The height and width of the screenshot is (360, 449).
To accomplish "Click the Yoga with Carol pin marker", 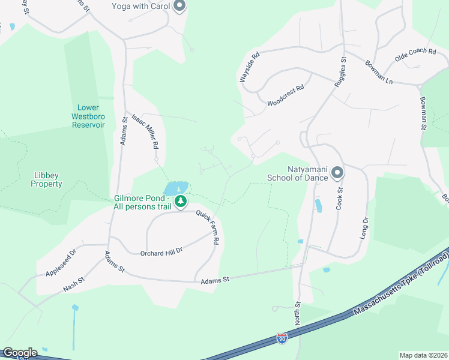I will point(179,7).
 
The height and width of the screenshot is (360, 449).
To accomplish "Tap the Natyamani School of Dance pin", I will point(337,173).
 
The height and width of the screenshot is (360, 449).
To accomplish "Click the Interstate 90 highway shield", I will point(282,339).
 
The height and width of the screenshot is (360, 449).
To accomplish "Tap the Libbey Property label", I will point(47,179).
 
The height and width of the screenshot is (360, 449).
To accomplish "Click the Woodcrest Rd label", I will point(286,95).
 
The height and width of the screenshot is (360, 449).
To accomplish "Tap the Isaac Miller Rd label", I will point(145,131).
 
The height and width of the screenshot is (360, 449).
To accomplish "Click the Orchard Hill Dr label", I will point(161,252).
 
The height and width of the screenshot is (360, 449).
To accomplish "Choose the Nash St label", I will point(76,284).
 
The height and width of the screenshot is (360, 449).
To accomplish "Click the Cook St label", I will point(339,197).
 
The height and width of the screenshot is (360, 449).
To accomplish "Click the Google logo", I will point(20,353).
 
